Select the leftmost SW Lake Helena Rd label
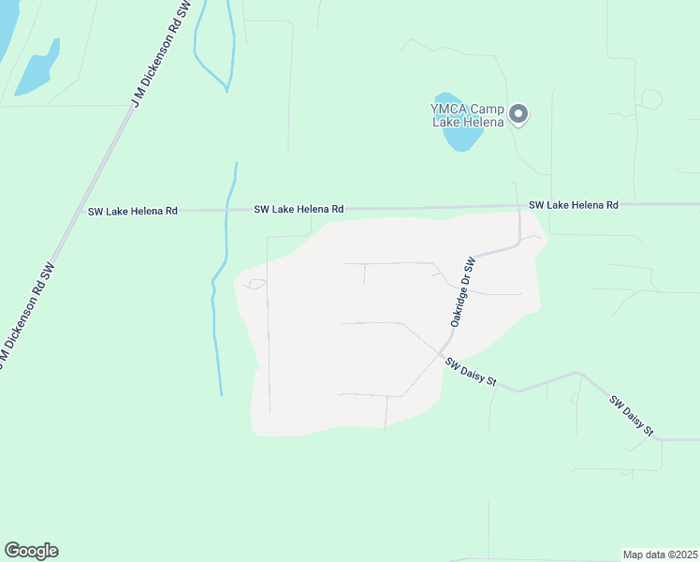[x=133, y=212]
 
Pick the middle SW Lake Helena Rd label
[x=299, y=210]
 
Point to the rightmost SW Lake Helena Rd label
[x=573, y=204]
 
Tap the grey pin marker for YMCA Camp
[x=519, y=115]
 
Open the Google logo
[x=31, y=551]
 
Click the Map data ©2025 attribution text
[x=660, y=554]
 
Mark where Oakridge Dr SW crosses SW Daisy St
[x=441, y=353]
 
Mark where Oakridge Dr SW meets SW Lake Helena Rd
[x=519, y=206]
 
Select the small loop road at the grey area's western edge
[x=255, y=284]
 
